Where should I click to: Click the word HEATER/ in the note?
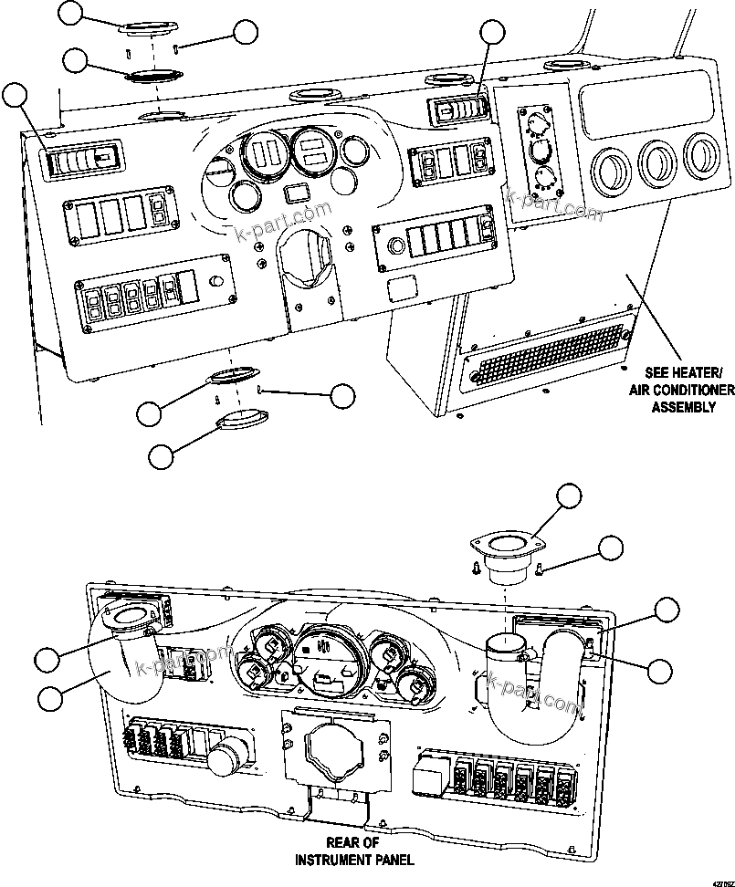click(x=696, y=373)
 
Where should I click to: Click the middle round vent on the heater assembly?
click(x=656, y=161)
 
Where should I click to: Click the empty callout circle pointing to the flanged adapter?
click(x=570, y=496)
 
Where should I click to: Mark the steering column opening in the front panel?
click(x=309, y=259)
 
